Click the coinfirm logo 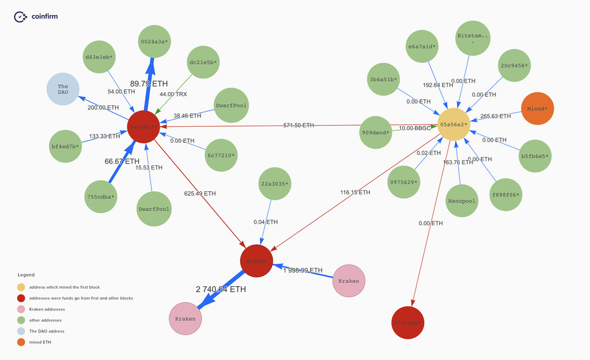pos(36,17)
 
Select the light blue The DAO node pos(63,90)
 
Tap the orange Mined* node pos(537,108)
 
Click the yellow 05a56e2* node pos(453,124)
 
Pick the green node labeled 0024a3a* pos(154,41)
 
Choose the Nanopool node pos(462,201)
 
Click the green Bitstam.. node pos(472,39)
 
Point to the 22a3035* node pos(274,184)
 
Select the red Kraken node pos(256,260)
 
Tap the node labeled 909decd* pos(376,132)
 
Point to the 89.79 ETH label pos(149,84)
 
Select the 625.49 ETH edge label pos(200,193)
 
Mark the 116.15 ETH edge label pos(355,192)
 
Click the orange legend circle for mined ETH pos(21,342)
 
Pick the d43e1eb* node pos(99,56)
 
